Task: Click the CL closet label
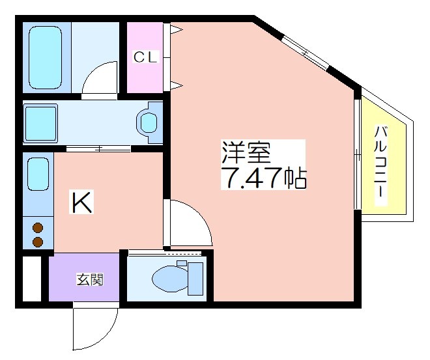pyautogui.click(x=146, y=57)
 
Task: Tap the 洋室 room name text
pyautogui.click(x=246, y=152)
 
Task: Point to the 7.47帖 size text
pyautogui.click(x=264, y=178)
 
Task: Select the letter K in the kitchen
pyautogui.click(x=81, y=202)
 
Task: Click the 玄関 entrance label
pyautogui.click(x=90, y=279)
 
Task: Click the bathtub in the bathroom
pyautogui.click(x=45, y=57)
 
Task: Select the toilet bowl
pyautogui.click(x=170, y=279)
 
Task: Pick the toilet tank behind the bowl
pyautogui.click(x=195, y=279)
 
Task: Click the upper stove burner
pyautogui.click(x=38, y=228)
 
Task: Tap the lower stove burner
pyautogui.click(x=38, y=242)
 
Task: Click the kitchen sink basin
pyautogui.click(x=38, y=174)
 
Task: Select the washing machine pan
pyautogui.click(x=40, y=123)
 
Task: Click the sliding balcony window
pyautogui.click(x=357, y=154)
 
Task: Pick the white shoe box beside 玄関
pyautogui.click(x=31, y=279)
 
